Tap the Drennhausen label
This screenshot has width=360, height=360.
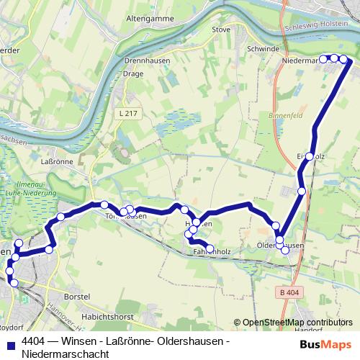(x=147, y=60)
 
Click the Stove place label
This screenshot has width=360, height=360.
(x=221, y=30)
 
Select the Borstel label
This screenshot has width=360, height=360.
(x=76, y=296)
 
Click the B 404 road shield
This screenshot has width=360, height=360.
(x=290, y=292)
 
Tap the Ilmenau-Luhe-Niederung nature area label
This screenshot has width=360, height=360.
(x=30, y=189)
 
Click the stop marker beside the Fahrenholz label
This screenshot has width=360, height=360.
(x=210, y=248)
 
